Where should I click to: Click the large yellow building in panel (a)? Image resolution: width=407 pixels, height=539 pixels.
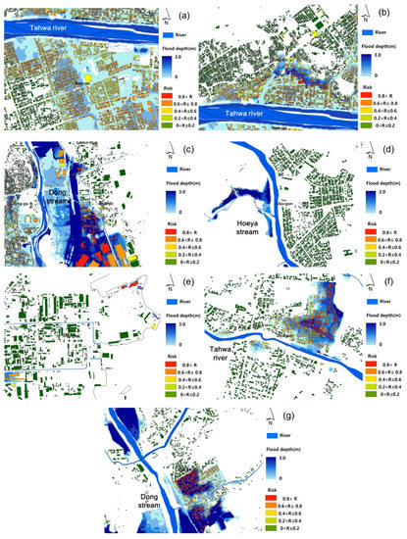89,74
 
